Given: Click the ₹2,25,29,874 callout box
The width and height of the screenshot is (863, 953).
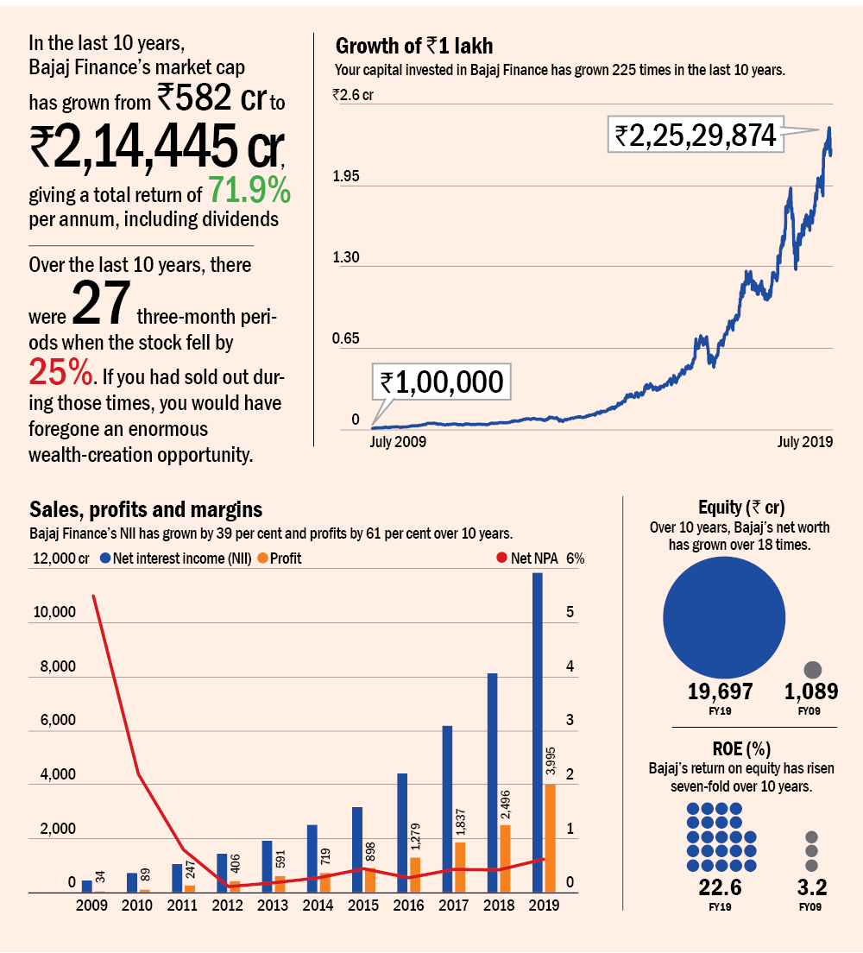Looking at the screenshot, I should (696, 134).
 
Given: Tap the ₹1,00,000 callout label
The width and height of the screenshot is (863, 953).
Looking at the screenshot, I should (442, 382).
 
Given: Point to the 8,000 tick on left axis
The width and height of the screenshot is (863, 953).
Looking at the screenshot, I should (54, 667).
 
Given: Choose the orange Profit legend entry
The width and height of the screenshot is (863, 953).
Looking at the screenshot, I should (280, 559).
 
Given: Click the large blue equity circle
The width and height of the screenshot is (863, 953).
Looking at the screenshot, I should (721, 615).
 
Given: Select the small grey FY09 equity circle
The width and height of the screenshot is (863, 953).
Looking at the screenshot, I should (812, 670).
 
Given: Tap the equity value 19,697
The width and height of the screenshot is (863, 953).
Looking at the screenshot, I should (721, 691).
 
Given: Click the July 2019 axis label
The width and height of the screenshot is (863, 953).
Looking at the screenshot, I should (804, 442).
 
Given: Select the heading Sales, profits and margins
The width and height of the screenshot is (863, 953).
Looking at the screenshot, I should (146, 508).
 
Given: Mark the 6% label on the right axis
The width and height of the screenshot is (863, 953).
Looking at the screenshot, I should (575, 559).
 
